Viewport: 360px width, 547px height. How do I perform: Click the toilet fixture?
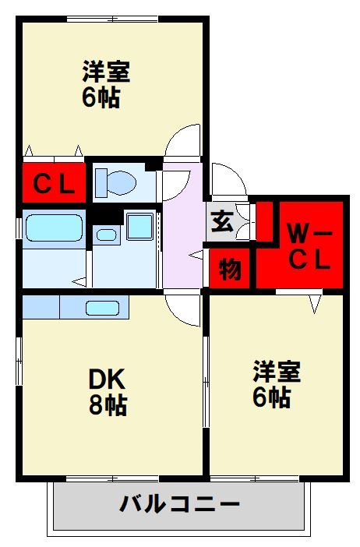(116, 183)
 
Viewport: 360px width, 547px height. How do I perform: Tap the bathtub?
(54, 228)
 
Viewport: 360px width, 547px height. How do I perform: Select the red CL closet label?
(54, 184)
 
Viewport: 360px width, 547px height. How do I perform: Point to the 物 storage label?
(230, 269)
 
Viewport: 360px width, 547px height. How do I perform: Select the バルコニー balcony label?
(179, 503)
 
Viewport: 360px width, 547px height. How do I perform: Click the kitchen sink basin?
(103, 308)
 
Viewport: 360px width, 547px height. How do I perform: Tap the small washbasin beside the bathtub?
(107, 235)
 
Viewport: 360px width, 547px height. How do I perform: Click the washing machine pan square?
(140, 227)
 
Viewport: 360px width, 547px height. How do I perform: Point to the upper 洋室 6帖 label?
(106, 83)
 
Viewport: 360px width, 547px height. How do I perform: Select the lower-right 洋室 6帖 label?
(277, 384)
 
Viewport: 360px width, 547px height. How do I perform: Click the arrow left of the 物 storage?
(196, 255)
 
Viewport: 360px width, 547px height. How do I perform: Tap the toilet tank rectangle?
(101, 183)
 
